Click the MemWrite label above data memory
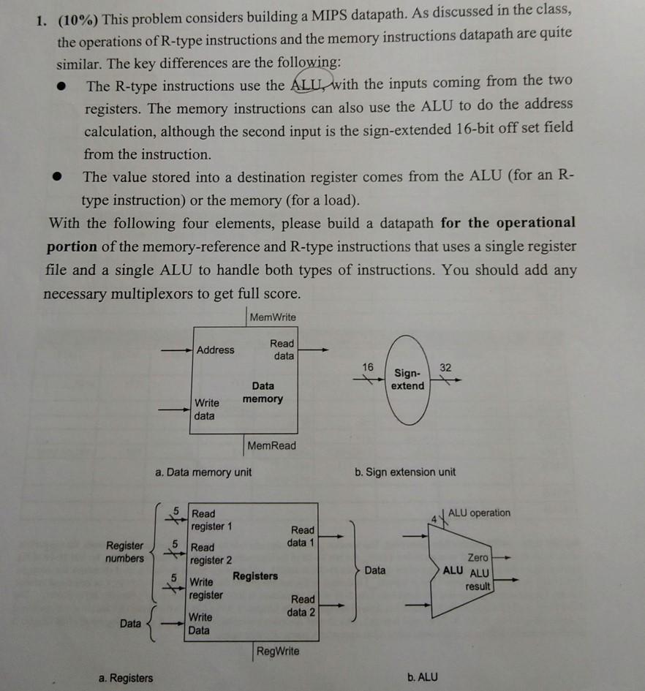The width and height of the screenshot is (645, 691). (x=273, y=317)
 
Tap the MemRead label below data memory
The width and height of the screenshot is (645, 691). (x=271, y=445)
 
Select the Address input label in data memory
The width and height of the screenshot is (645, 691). (x=216, y=350)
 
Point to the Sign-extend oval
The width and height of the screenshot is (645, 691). (x=407, y=380)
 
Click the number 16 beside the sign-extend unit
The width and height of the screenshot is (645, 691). (x=368, y=366)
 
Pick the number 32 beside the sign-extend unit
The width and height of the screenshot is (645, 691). (x=445, y=366)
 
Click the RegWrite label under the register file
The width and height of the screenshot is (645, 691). (x=279, y=651)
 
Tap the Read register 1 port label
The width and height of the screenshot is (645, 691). (x=211, y=520)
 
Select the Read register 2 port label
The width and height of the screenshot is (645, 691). (x=211, y=554)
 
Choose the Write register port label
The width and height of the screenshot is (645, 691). (x=208, y=589)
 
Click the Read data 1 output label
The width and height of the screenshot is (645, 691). (x=302, y=536)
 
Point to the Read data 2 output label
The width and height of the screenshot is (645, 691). (x=302, y=605)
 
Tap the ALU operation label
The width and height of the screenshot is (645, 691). (x=480, y=513)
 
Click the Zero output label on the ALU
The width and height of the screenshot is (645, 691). (x=479, y=558)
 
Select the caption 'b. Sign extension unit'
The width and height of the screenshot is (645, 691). (x=405, y=472)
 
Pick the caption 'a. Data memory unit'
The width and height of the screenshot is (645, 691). (x=203, y=472)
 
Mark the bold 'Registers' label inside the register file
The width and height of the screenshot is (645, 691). (x=255, y=576)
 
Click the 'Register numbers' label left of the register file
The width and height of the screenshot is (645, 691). (x=125, y=552)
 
